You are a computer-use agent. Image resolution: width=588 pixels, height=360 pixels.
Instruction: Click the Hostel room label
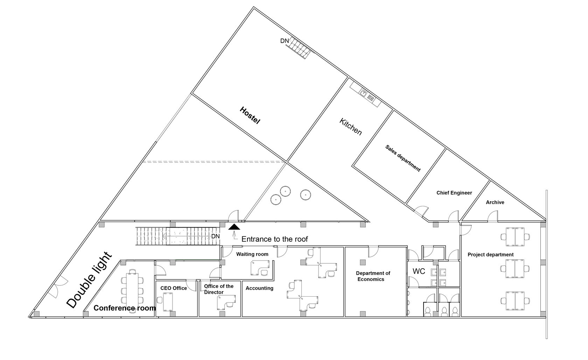pyautogui.click(x=250, y=115)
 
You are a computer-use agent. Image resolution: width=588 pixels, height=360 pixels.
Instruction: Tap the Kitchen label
pyautogui.click(x=351, y=127)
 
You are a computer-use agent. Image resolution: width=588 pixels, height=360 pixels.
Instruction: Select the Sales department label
pyautogui.click(x=403, y=158)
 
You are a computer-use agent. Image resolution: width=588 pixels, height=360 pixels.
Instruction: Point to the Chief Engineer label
pyautogui.click(x=454, y=193)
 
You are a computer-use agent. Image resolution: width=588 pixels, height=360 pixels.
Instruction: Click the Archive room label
pyautogui.click(x=495, y=202)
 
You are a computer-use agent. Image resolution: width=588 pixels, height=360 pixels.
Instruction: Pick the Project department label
pyautogui.click(x=491, y=255)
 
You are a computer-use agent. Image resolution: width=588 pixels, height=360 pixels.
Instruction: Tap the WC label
pyautogui.click(x=419, y=271)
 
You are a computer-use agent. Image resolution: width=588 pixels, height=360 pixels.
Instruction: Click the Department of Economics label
pyautogui.click(x=373, y=276)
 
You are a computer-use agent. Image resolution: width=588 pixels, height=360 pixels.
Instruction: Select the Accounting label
pyautogui.click(x=259, y=288)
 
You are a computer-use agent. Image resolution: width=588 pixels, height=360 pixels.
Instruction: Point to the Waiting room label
pyautogui.click(x=252, y=254)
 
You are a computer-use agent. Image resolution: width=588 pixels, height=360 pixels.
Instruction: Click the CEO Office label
pyautogui.click(x=174, y=288)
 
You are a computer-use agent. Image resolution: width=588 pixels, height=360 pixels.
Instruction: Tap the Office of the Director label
pyautogui.click(x=219, y=289)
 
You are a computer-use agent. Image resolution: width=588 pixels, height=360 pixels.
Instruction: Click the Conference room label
pyautogui.click(x=125, y=308)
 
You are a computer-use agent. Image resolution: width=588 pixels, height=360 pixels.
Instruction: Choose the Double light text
pyautogui.click(x=89, y=280)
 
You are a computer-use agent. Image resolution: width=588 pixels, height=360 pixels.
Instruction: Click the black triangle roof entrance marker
pyautogui.click(x=234, y=227)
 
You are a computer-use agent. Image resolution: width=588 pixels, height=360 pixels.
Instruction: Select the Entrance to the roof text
pyautogui.click(x=274, y=239)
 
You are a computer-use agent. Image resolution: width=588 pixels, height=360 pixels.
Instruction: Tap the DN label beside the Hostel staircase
pyautogui.click(x=285, y=41)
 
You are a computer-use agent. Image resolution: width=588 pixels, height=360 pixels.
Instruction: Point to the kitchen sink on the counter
pyautogui.click(x=363, y=92)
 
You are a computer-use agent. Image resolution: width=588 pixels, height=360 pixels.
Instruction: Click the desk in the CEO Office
pyautogui.click(x=168, y=302)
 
